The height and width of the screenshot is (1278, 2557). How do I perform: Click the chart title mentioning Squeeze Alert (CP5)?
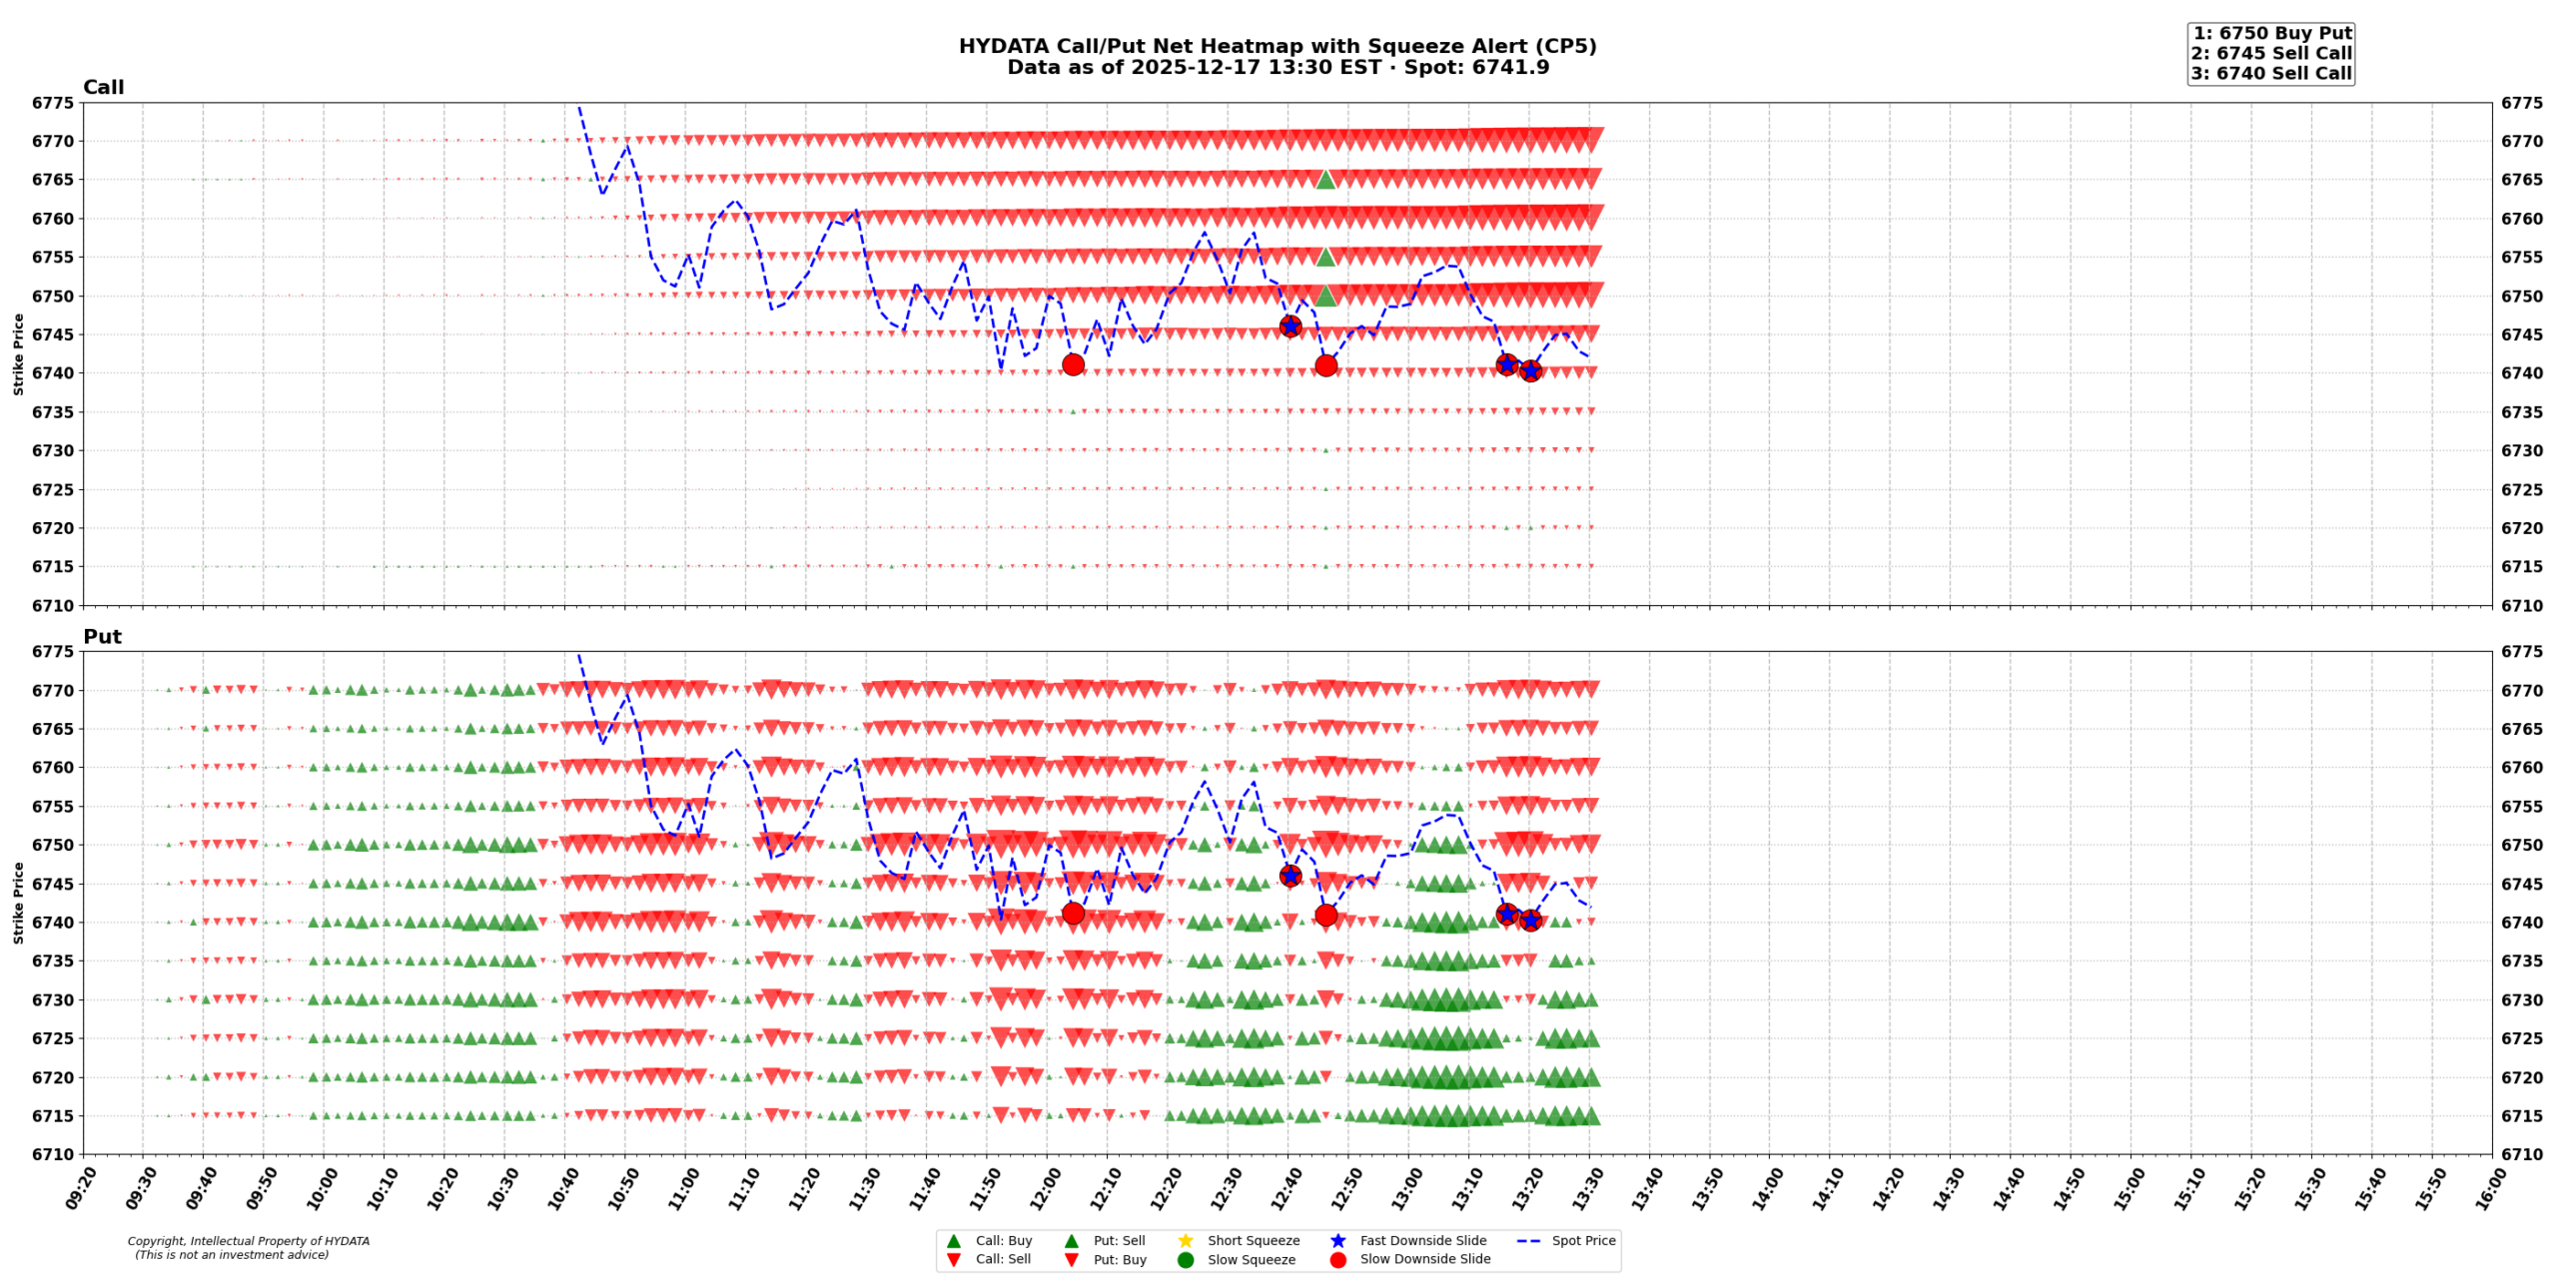(1277, 46)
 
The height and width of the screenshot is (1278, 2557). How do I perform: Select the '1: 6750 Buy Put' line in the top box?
(2271, 33)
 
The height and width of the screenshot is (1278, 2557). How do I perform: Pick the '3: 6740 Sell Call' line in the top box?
(2271, 73)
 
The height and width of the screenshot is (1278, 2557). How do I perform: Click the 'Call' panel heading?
(103, 88)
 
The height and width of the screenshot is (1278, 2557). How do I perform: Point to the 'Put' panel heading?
(102, 637)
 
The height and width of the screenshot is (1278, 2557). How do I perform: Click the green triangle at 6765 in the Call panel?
(1325, 180)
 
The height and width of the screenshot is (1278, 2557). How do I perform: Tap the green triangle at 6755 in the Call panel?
(1325, 257)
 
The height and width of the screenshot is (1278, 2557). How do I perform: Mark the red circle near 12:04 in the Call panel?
(1073, 364)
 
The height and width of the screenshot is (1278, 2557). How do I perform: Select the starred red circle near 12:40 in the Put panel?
(1289, 876)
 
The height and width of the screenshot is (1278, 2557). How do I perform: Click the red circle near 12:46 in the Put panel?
(1325, 915)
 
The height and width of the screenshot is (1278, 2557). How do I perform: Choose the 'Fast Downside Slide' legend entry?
(1422, 1241)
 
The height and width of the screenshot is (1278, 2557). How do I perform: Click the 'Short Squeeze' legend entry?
(1253, 1241)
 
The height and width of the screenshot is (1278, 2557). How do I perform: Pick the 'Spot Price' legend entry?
(1582, 1241)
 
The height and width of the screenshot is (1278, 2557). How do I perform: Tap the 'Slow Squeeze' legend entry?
(1251, 1260)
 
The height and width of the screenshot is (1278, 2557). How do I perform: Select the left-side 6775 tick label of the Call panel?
(53, 103)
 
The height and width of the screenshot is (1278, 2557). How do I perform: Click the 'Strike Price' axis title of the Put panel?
(18, 903)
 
